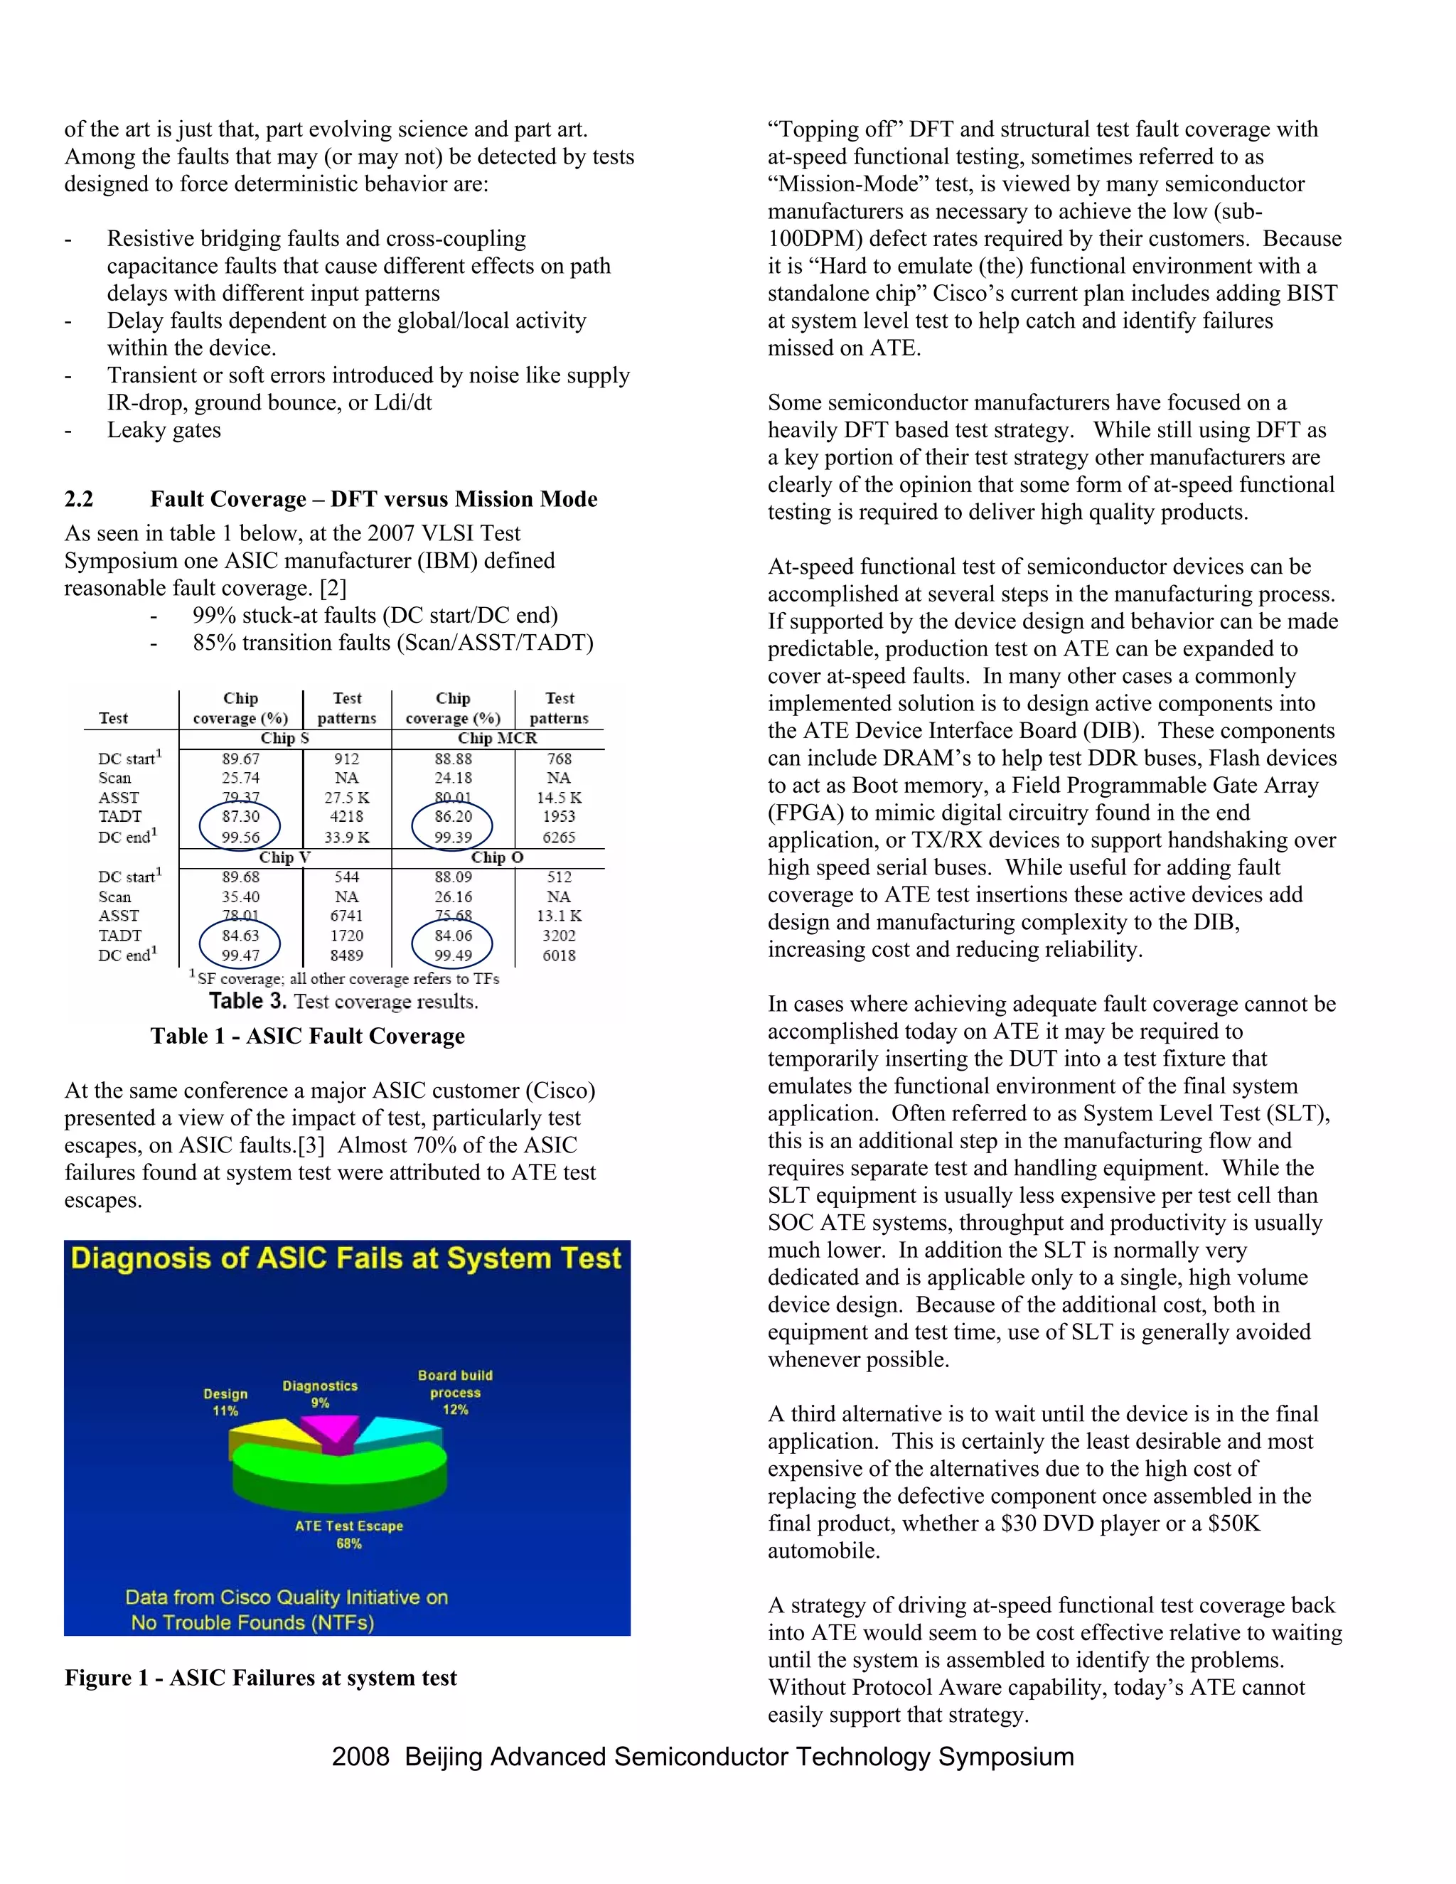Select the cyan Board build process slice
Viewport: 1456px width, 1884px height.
pos(400,1434)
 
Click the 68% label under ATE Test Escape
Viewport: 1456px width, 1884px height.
pos(348,1543)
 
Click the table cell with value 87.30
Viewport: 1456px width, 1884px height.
pos(241,816)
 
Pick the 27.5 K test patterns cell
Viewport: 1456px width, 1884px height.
pos(347,798)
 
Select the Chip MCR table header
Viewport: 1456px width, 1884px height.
pos(497,739)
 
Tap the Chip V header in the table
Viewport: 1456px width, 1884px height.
pos(284,857)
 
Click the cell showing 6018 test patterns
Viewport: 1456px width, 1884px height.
pos(559,955)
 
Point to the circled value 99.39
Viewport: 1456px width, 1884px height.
pos(453,837)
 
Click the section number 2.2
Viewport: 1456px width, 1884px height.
pos(80,500)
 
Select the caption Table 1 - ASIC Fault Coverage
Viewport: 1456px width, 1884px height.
pos(307,1036)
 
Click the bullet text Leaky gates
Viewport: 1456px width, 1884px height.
pos(164,430)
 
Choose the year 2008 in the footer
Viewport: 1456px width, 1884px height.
pos(360,1757)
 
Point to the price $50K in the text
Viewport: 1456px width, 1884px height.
pos(1233,1524)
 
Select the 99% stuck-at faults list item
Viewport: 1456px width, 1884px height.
pos(375,616)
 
